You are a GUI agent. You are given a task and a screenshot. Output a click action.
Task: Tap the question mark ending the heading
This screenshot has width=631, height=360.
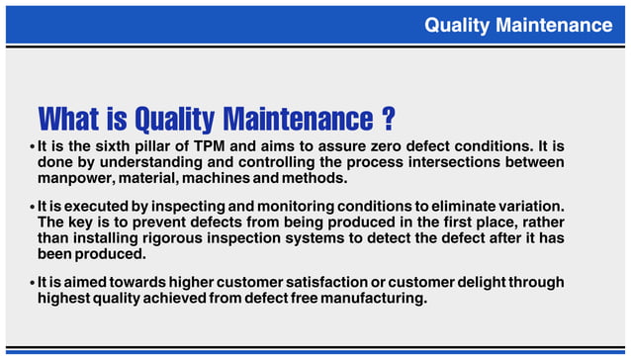(389, 120)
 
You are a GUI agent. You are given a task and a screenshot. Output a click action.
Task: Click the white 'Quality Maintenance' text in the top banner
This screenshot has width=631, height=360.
(518, 25)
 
